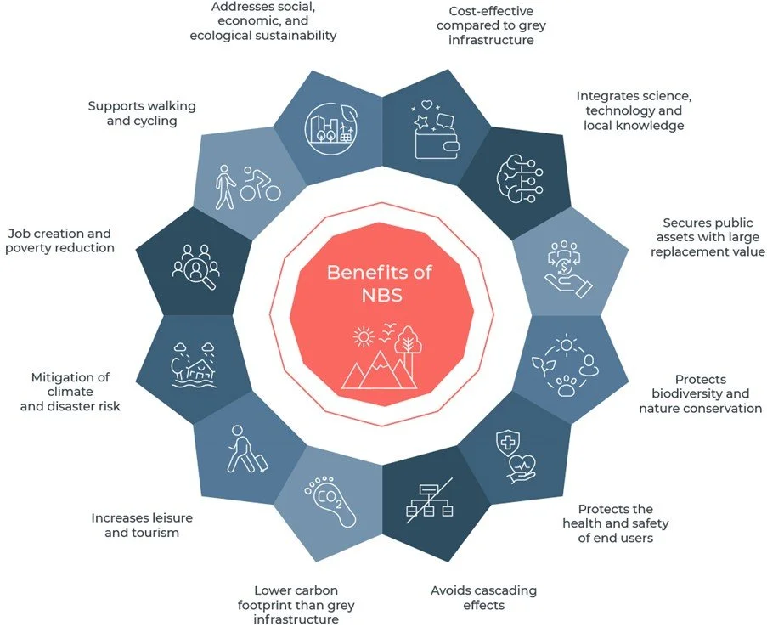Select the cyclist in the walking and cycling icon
click(x=261, y=184)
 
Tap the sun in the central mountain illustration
click(x=364, y=337)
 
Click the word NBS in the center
click(x=380, y=294)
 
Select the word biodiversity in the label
click(x=700, y=393)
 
